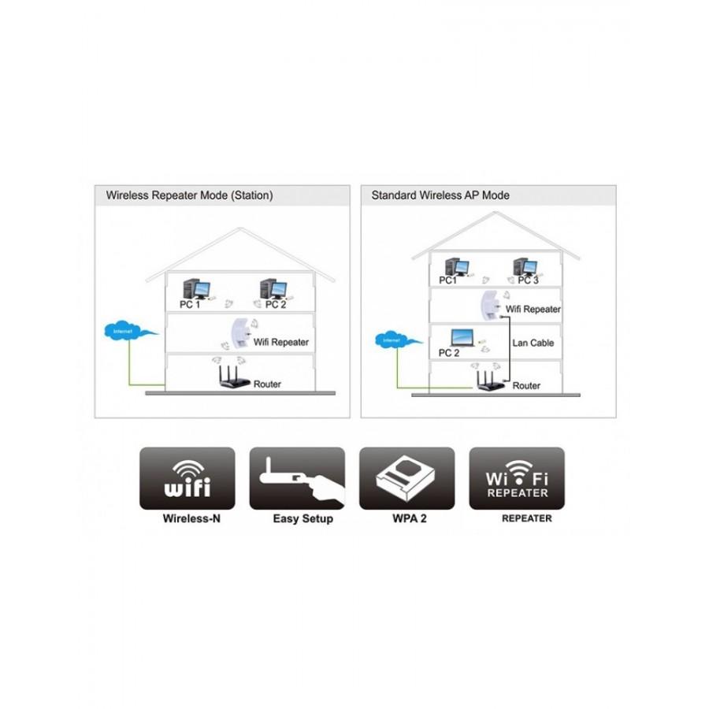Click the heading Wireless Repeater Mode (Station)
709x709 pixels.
coord(189,195)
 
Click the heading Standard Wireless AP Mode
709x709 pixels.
coord(440,195)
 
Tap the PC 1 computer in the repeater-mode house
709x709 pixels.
coord(193,289)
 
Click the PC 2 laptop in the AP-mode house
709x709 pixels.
coord(460,340)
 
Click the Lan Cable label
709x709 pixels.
coord(533,343)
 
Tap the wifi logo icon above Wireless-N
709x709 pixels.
coord(187,478)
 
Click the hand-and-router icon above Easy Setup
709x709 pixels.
coord(297,478)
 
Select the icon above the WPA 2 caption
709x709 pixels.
coord(406,478)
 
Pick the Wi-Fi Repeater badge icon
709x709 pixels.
coord(517,478)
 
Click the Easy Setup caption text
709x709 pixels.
coord(303,519)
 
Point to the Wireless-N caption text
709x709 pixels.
coord(191,519)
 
